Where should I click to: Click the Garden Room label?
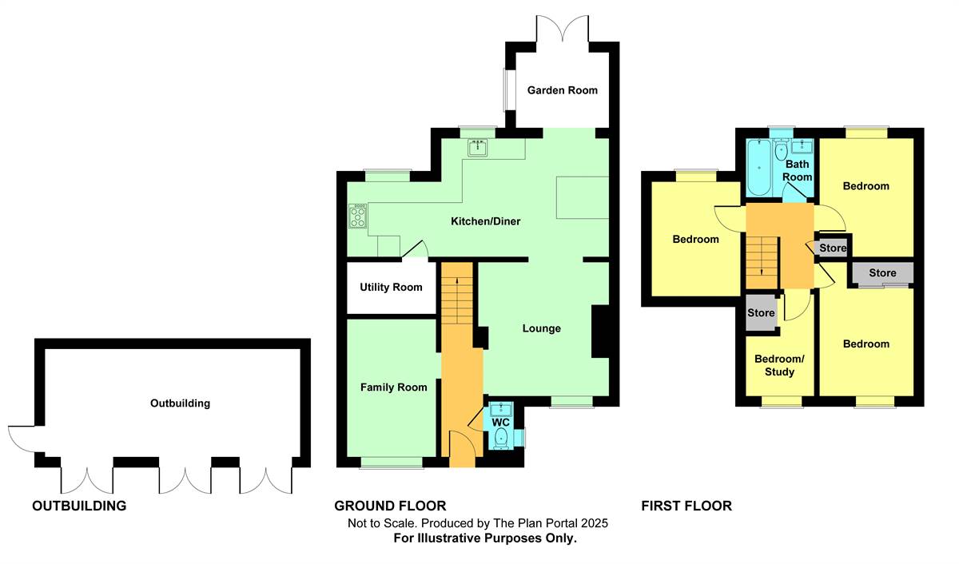tap(562, 90)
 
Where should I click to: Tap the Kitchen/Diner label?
tap(486, 221)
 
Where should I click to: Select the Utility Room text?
tap(391, 287)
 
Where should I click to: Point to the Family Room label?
tap(393, 387)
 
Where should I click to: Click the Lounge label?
tap(542, 328)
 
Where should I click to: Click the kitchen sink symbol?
tap(477, 148)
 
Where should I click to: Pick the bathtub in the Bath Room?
tap(759, 167)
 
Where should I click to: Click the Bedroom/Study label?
tap(779, 365)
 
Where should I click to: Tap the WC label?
tap(500, 423)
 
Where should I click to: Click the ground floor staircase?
tap(457, 293)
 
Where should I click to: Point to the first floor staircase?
tap(762, 262)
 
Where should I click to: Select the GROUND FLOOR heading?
tap(390, 506)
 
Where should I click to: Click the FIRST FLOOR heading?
tap(686, 506)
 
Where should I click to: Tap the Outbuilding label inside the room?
tap(181, 403)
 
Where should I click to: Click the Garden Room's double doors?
tap(562, 29)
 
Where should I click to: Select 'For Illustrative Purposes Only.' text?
tap(485, 538)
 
